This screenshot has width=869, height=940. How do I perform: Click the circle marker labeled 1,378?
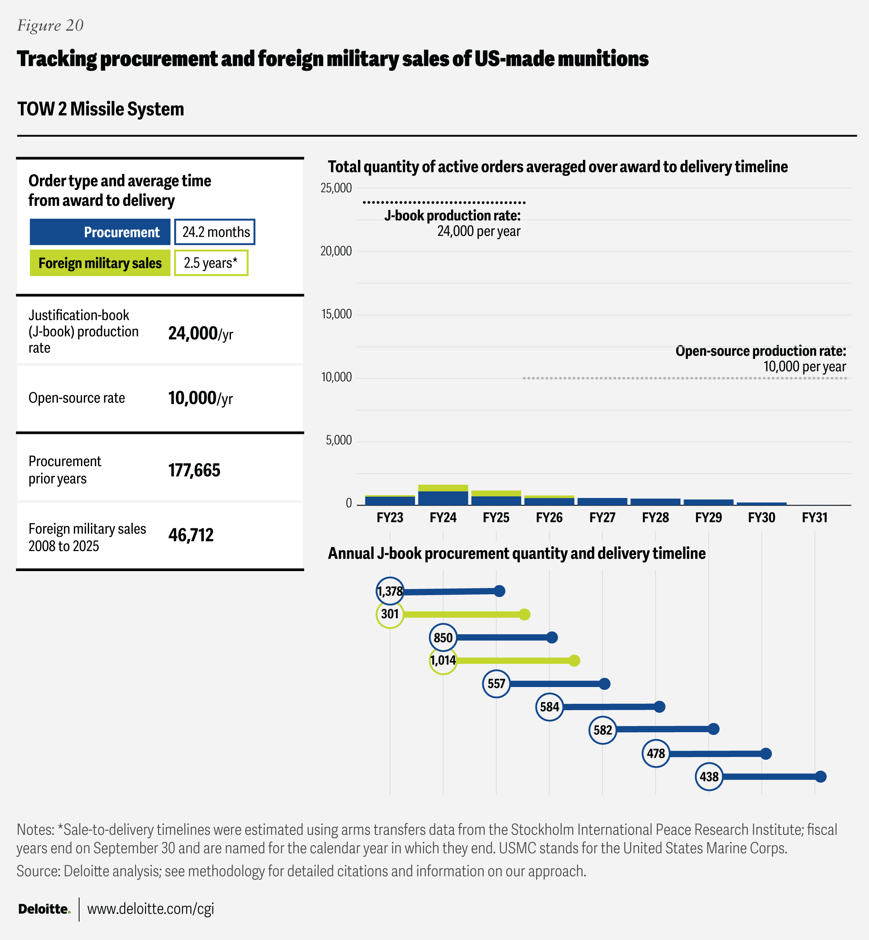[x=390, y=591]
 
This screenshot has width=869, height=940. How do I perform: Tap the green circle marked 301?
[x=390, y=614]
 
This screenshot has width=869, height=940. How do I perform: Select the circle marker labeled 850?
[x=443, y=637]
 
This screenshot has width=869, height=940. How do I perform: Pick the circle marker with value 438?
[x=709, y=776]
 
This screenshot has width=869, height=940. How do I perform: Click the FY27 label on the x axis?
[x=603, y=518]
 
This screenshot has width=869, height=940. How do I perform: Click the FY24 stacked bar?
[x=443, y=495]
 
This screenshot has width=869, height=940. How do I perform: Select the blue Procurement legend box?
[x=100, y=232]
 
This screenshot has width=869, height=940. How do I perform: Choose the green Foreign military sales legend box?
[x=100, y=263]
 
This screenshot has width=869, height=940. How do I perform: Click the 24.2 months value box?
[x=215, y=232]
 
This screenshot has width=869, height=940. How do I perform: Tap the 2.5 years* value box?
[x=211, y=263]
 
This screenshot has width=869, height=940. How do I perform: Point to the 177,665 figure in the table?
[x=194, y=470]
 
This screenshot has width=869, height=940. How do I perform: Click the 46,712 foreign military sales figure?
[x=191, y=535]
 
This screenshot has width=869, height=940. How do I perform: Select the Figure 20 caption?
[x=50, y=26]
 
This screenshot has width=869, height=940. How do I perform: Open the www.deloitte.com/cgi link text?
[x=151, y=908]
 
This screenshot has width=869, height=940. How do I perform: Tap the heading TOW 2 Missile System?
[x=101, y=109]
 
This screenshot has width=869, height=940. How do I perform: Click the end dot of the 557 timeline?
[x=605, y=683]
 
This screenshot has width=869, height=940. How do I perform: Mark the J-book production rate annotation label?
[x=452, y=216]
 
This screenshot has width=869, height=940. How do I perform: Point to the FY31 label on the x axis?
[x=814, y=518]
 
